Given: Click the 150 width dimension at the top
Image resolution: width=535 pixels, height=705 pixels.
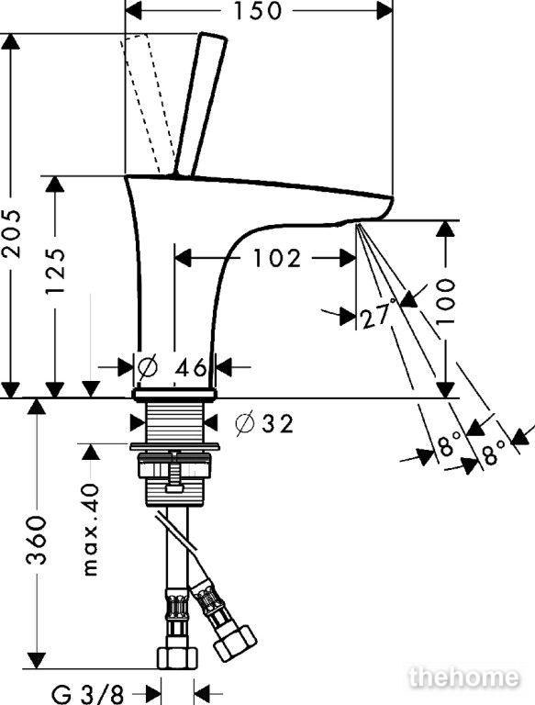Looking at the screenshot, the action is click(x=258, y=11).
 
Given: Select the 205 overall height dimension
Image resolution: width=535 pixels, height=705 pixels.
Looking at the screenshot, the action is click(x=11, y=233).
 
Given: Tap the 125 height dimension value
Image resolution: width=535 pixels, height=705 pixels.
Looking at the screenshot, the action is click(x=56, y=270).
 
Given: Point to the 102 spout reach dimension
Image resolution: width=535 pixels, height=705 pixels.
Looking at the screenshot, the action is click(x=277, y=259).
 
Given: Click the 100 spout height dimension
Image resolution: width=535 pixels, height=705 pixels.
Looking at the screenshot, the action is click(x=445, y=301).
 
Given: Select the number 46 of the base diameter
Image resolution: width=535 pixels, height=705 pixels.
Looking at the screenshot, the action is click(x=191, y=368).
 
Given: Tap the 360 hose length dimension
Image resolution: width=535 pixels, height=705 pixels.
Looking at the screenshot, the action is click(x=37, y=541).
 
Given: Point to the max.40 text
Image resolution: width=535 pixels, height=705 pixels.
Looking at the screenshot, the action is click(x=91, y=530).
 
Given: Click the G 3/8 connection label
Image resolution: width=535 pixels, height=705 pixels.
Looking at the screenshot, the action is click(x=88, y=695).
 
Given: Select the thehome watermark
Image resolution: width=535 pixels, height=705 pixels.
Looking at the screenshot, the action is click(x=464, y=678).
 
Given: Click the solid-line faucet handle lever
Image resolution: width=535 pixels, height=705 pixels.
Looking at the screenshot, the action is click(x=201, y=105).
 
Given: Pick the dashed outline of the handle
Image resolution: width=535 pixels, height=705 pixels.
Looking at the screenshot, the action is click(x=145, y=104).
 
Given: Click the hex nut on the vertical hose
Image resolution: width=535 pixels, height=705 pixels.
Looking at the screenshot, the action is click(x=178, y=659).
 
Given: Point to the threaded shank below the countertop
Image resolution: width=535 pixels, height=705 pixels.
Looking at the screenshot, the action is click(x=174, y=421).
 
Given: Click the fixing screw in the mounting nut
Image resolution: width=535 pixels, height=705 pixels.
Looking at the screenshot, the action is click(x=173, y=473).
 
